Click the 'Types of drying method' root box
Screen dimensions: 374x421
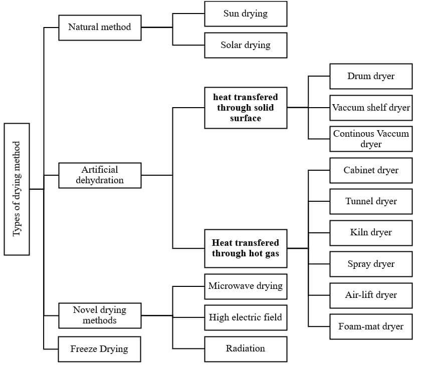pyautogui.click(x=17, y=189)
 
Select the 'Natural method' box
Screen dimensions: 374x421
pyautogui.click(x=100, y=27)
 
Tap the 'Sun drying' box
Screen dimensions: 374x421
pyautogui.click(x=246, y=14)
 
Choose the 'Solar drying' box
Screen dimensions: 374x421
pyautogui.click(x=246, y=45)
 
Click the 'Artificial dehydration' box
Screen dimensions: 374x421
pyautogui.click(x=100, y=175)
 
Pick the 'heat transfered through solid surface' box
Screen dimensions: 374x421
pyautogui.click(x=246, y=107)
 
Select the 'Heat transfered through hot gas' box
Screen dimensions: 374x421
pyautogui.click(x=246, y=248)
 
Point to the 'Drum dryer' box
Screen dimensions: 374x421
pyautogui.click(x=371, y=76)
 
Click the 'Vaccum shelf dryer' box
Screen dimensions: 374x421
pyautogui.click(x=371, y=108)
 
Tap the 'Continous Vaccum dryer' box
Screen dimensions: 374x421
pyautogui.click(x=371, y=139)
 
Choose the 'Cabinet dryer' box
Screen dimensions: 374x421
pyautogui.click(x=371, y=170)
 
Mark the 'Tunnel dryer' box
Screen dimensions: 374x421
pyautogui.click(x=371, y=201)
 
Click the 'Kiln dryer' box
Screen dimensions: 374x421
pyautogui.click(x=371, y=232)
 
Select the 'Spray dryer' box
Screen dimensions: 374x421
pyautogui.click(x=371, y=264)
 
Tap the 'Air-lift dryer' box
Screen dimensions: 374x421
pyautogui.click(x=371, y=295)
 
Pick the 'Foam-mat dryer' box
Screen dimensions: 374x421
pyautogui.click(x=371, y=326)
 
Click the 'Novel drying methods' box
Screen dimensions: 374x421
pyautogui.click(x=100, y=315)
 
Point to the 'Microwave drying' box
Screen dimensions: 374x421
pyautogui.click(x=246, y=286)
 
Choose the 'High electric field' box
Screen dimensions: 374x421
pyautogui.click(x=246, y=317)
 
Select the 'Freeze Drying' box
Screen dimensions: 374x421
pyautogui.click(x=100, y=349)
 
